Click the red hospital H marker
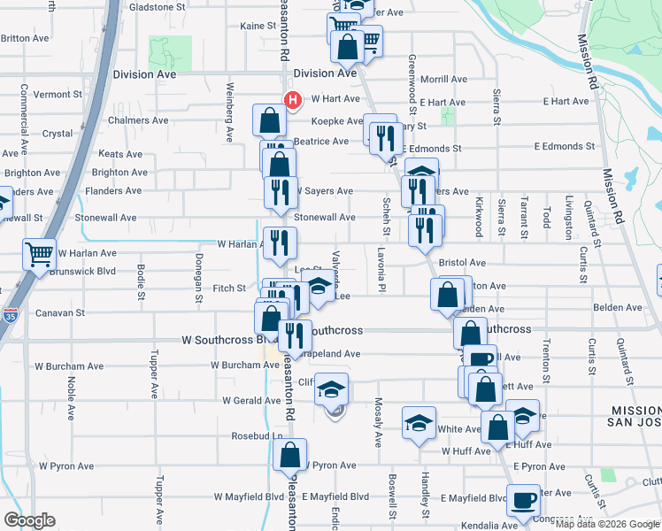click(x=289, y=99)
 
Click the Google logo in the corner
click(x=29, y=520)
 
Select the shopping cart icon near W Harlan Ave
click(x=39, y=255)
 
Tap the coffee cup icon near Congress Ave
click(x=523, y=500)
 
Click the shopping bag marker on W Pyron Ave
click(x=289, y=455)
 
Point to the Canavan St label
click(x=60, y=313)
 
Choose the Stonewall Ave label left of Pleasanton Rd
click(x=105, y=217)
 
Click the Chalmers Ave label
click(x=138, y=120)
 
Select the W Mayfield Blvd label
click(x=241, y=497)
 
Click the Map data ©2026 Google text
click(x=606, y=524)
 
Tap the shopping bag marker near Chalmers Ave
click(x=269, y=120)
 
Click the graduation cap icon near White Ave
click(x=420, y=423)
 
